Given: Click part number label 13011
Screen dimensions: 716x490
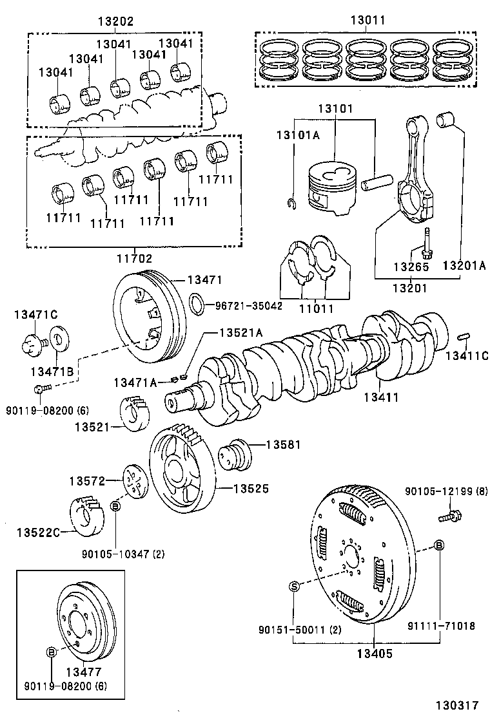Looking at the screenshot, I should click(367, 20).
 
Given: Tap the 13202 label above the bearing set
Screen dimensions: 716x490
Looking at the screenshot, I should click(115, 21).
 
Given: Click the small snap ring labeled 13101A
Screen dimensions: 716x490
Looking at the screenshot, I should click(291, 204).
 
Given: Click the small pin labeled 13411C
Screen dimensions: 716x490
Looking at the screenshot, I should click(464, 337).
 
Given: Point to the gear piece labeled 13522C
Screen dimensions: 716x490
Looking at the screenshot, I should click(88, 515).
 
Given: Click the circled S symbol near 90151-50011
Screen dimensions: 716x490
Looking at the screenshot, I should click(294, 586).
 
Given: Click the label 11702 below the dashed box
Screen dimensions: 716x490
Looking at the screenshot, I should click(134, 259).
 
